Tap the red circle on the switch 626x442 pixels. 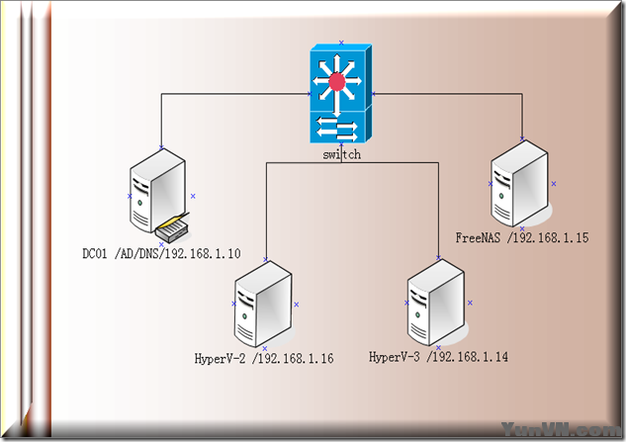(339, 81)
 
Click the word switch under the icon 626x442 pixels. (341, 155)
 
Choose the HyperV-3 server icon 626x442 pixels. (436, 301)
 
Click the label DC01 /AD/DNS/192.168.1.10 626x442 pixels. (161, 254)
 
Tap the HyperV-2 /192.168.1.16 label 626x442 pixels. (264, 359)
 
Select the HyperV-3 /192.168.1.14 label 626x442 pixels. (438, 356)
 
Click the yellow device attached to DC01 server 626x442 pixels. (170, 229)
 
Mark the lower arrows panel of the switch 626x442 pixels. (340, 129)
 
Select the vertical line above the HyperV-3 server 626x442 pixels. (438, 213)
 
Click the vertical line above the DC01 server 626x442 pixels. (161, 121)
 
